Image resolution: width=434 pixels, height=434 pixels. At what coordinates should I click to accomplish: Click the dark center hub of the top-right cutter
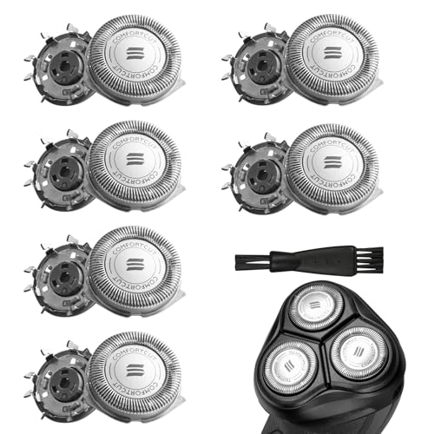259,65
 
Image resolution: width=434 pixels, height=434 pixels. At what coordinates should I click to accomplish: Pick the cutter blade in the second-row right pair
257,169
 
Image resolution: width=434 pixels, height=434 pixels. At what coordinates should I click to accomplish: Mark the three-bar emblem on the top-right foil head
333,55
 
